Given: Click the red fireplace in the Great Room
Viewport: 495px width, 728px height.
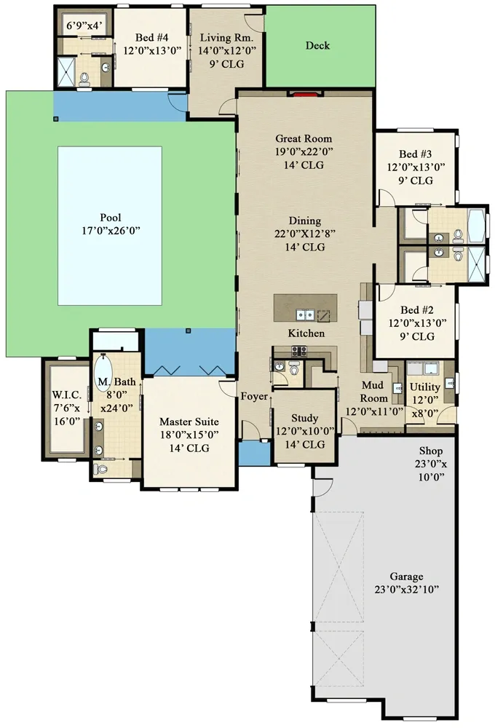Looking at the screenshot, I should click(304, 93).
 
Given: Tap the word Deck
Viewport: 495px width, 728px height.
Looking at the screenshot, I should click(317, 45).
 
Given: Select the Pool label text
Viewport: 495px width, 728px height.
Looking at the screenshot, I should click(111, 218).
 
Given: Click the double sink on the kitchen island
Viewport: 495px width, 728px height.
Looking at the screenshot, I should click(305, 314).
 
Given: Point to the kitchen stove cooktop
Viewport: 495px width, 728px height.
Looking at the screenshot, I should click(298, 350).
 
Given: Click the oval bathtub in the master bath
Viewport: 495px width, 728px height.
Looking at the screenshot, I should click(101, 371).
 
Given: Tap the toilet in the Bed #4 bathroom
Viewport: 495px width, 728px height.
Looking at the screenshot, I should click(84, 77).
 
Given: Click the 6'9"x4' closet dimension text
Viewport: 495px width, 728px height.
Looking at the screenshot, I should click(84, 26).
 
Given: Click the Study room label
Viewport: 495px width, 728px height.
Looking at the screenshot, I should click(304, 418).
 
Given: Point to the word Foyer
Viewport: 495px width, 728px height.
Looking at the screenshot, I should click(255, 397).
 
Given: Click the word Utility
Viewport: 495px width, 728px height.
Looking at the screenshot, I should click(424, 387).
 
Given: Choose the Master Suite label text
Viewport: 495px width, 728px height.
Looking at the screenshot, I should click(189, 422).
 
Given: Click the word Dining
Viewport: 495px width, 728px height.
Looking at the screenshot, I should click(304, 221).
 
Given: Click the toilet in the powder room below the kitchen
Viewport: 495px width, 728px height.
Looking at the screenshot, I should click(294, 369).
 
